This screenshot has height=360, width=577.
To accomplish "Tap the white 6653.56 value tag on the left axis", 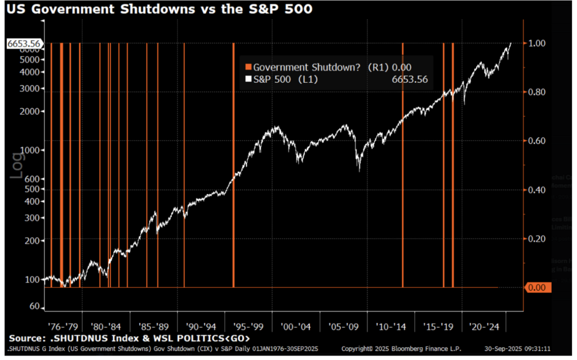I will [x=21, y=43].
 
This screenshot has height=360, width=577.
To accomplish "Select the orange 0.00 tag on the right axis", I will [x=540, y=288].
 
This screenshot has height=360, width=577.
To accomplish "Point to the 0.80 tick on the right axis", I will [x=538, y=92].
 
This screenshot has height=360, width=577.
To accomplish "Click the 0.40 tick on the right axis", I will [x=538, y=190].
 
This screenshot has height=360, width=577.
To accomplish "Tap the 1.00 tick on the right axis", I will [x=538, y=43].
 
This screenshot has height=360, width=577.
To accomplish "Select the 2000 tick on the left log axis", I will [x=32, y=112].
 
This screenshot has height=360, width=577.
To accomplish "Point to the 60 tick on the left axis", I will [x=35, y=307].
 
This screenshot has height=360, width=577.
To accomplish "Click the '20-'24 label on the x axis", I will [x=485, y=326].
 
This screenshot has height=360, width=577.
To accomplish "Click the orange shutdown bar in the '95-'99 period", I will [x=233, y=169].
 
